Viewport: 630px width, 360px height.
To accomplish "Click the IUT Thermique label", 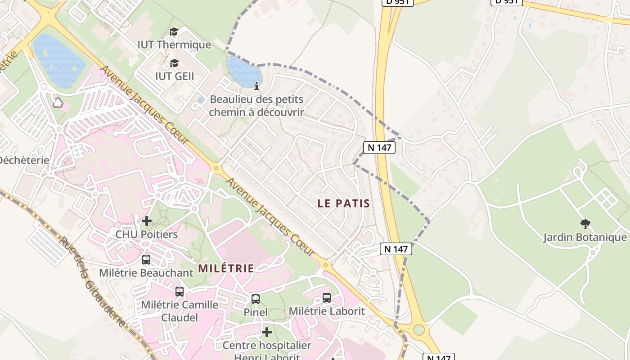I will coord(174,45).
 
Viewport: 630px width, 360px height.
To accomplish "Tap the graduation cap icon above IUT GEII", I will coord(174,63).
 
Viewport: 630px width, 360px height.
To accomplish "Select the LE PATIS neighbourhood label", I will coord(344,203).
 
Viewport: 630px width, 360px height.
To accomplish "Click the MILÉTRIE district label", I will coord(226,269).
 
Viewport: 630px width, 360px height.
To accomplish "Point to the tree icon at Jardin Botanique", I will coord(585,224).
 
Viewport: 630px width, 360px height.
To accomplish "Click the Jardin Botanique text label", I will coord(585,237).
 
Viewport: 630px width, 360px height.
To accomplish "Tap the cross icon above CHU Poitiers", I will coord(147,221).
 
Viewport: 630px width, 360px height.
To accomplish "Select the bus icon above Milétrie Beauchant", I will coord(146,260).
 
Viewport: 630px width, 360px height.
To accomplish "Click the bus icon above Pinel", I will coord(256,299).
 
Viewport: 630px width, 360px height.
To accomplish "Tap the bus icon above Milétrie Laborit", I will coord(327,298).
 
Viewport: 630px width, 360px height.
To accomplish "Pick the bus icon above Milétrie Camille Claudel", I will coord(180,292).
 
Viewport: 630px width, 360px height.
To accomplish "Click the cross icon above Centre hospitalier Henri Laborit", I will coord(267,332).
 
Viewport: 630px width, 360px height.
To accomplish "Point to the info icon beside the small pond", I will coord(256,86).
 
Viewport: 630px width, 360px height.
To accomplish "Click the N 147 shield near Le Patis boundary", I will coord(379,148).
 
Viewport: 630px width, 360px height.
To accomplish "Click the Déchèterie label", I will coord(23,160).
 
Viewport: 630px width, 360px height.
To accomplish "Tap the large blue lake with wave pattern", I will coord(59,61).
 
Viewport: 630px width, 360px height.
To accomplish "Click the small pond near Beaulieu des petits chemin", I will coord(243,72).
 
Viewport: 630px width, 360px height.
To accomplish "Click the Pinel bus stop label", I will coord(256,312).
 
